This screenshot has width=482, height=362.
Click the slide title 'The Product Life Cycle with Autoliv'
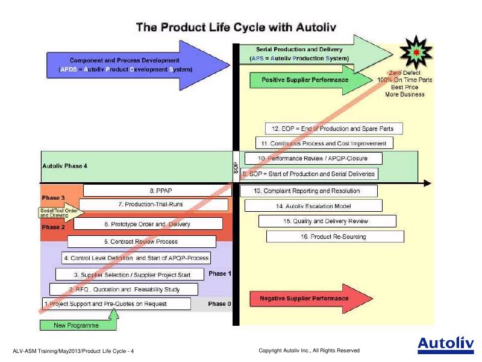pyautogui.click(x=236, y=28)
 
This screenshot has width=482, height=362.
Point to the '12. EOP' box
pyautogui.click(x=333, y=129)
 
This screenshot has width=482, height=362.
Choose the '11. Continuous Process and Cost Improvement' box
pyautogui.click(x=324, y=144)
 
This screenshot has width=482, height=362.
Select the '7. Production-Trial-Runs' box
pyautogui.click(x=150, y=205)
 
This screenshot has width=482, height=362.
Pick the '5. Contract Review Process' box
pyautogui.click(x=141, y=242)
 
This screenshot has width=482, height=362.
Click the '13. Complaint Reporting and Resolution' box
pyautogui.click(x=308, y=191)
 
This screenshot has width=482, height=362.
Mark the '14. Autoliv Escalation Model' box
pyautogui.click(x=313, y=206)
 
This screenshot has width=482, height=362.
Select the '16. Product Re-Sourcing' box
pyautogui.click(x=333, y=237)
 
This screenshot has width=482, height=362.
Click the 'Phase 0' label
pyautogui.click(x=219, y=303)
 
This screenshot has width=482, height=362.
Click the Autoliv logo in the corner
pyautogui.click(x=446, y=344)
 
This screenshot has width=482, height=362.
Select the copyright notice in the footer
pyautogui.click(x=308, y=351)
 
